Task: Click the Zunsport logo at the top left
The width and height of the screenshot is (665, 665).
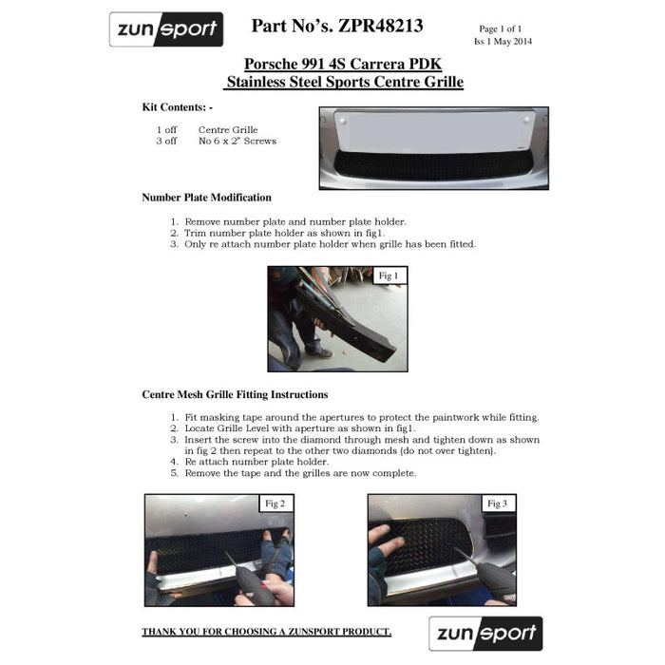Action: pos(166,29)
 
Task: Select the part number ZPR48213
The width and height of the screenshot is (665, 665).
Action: pos(337,26)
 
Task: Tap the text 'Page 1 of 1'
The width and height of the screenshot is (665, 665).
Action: pos(501,29)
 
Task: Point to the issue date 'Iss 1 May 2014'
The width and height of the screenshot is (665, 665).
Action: pos(503,42)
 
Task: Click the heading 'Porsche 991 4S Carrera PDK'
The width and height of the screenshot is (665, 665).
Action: pos(342,64)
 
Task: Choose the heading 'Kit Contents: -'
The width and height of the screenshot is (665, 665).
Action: pos(178,107)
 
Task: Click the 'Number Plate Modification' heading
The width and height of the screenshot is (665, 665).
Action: pos(206,198)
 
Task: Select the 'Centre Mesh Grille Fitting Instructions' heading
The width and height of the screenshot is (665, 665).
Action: pos(235,394)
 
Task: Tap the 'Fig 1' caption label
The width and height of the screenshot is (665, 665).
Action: pos(389,276)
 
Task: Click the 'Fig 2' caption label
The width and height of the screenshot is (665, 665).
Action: pos(275,503)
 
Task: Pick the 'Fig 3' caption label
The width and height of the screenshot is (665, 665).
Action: pos(497,503)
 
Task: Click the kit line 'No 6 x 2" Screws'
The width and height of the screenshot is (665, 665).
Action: pos(237,142)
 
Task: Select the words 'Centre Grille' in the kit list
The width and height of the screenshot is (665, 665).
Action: pos(228,130)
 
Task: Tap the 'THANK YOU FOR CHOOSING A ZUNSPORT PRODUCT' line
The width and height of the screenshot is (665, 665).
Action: pos(266,632)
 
